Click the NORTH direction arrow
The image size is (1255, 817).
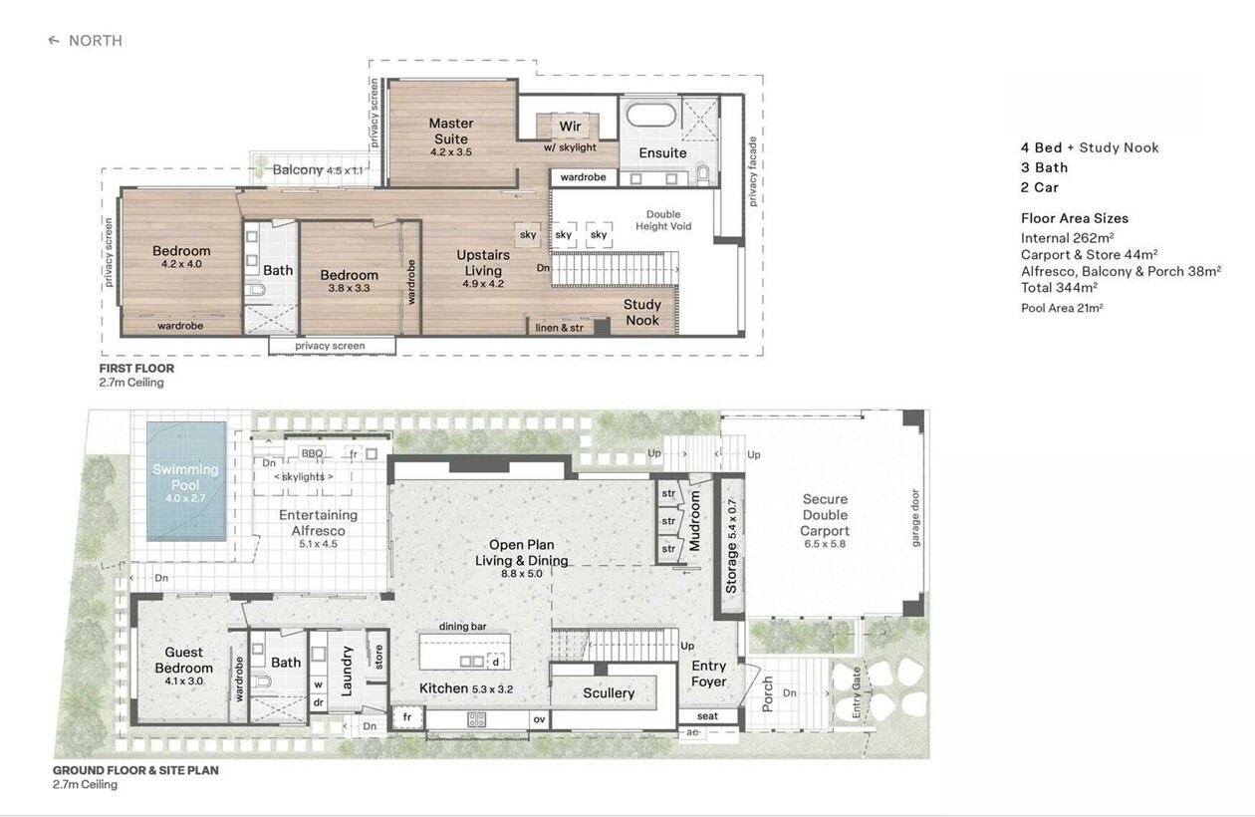coord(54,40)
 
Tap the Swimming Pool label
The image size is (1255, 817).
coord(185,477)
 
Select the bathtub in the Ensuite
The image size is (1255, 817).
coord(651,115)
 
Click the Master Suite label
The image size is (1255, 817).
coord(451,132)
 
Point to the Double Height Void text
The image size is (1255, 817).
coord(663,220)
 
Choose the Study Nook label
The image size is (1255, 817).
coord(642,312)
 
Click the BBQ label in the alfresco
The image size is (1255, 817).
coord(312,453)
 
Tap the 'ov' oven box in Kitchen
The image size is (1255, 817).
coord(540,719)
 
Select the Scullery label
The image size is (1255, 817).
coord(609,693)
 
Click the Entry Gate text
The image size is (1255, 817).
coord(857,692)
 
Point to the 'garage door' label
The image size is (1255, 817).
coord(915,518)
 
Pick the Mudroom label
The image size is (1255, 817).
coord(695,521)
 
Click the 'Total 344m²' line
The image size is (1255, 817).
coord(1059,288)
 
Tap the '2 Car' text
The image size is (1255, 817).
coord(1040,187)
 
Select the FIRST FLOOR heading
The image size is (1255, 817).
coord(136,369)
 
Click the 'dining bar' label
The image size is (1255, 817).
coord(463,627)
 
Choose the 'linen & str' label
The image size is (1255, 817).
coord(559,327)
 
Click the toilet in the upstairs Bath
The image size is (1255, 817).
coord(257,290)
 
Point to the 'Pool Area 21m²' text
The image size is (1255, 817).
coord(1062,308)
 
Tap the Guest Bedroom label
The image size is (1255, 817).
coord(183,661)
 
